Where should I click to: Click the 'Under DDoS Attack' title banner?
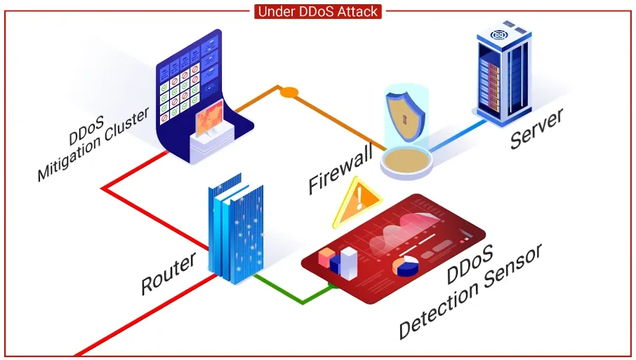click(318, 11)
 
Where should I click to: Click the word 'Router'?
click(169, 274)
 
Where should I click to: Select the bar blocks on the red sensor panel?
click(338, 260)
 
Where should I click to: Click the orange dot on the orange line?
click(288, 91)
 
